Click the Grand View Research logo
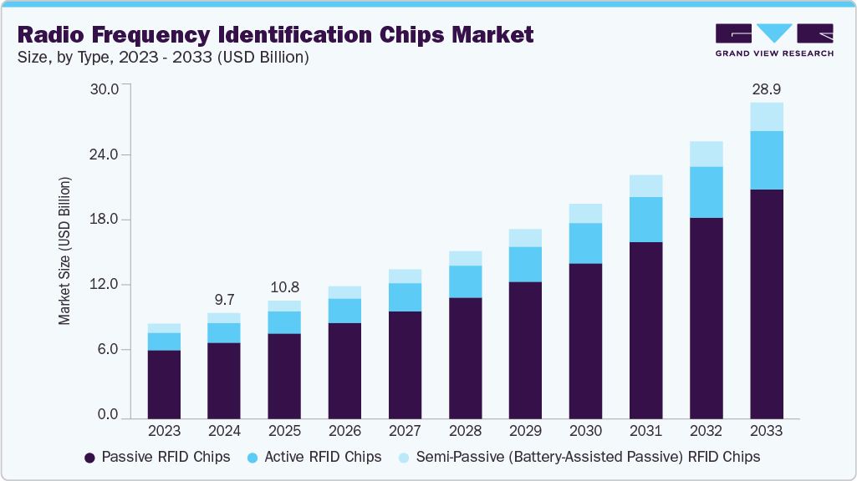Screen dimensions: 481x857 coord(774,39)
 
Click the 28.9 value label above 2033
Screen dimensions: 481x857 coord(766,89)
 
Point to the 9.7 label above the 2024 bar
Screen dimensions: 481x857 coord(224,299)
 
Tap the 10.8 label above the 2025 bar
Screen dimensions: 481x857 coord(284,286)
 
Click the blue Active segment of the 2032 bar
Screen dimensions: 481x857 coord(706,192)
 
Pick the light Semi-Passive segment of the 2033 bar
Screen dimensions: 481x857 coord(766,117)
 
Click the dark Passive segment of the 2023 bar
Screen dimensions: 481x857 coord(164,383)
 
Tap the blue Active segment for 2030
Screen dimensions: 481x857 coord(585,243)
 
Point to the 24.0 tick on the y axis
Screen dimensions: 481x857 coord(105,154)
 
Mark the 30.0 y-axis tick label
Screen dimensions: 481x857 coord(105,89)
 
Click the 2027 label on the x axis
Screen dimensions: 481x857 coord(405,431)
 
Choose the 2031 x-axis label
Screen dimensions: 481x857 coord(645,431)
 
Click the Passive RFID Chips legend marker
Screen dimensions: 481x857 coord(89,458)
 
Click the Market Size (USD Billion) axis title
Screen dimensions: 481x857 coord(64,251)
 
